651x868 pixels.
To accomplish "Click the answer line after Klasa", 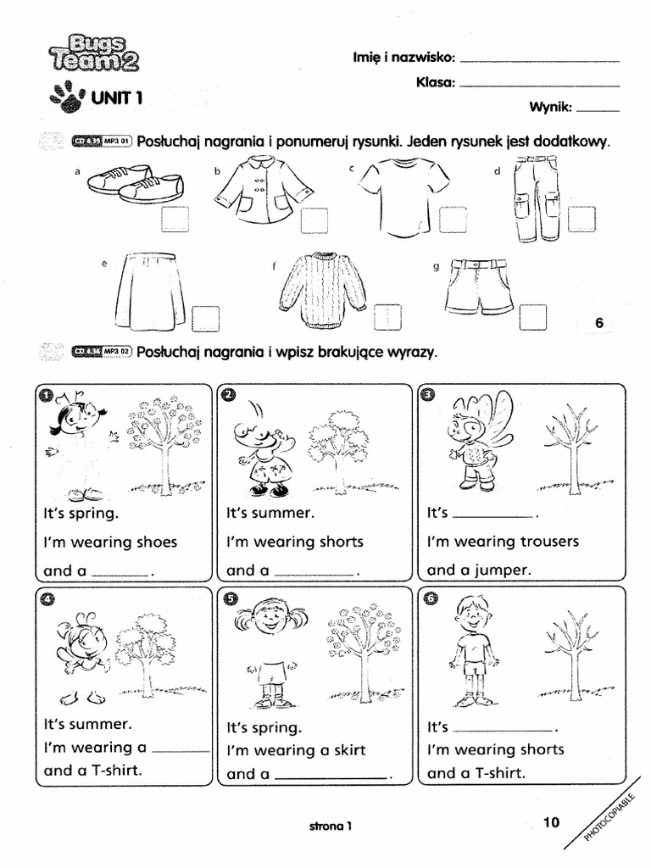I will click(x=538, y=85).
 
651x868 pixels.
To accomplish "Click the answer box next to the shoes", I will click(x=175, y=219).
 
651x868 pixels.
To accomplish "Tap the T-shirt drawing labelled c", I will click(x=403, y=196).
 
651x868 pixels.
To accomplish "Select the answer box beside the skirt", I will click(x=205, y=319).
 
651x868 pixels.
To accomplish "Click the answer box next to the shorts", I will click(x=533, y=318).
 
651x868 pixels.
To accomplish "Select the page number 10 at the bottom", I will click(x=551, y=821).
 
